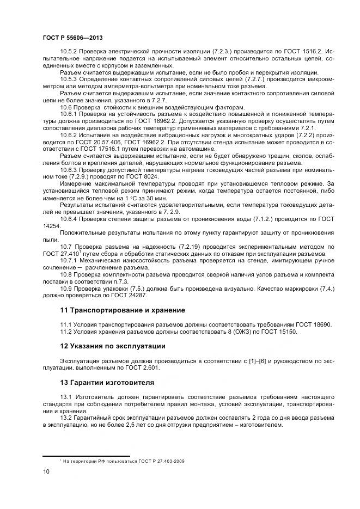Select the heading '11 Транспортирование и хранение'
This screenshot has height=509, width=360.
123,310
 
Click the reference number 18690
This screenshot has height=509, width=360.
321,324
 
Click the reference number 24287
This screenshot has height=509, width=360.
137,295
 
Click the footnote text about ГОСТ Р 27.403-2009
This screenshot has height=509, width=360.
124,461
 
